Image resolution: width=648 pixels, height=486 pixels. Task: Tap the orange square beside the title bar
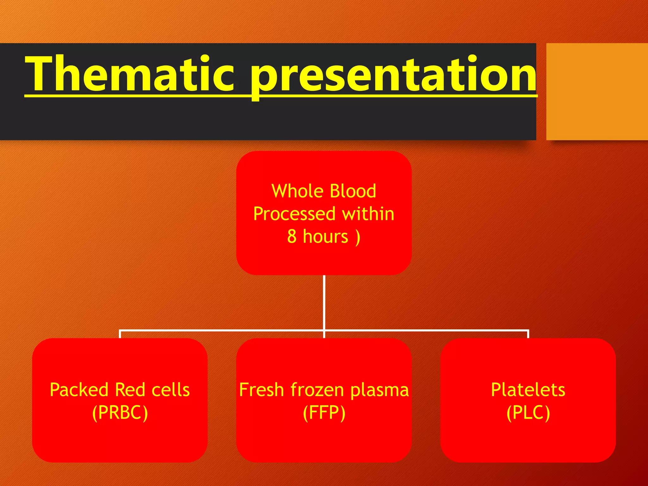click(597, 91)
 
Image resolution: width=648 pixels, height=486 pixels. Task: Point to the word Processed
click(294, 214)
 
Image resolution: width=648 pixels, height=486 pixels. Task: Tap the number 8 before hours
click(292, 236)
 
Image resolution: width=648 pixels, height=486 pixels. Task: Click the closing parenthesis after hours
click(358, 237)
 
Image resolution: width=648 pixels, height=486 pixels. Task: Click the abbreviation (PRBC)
click(120, 413)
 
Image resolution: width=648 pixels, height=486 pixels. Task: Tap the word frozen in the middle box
click(317, 389)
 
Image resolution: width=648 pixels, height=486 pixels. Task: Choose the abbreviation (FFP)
click(324, 413)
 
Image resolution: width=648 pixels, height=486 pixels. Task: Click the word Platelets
click(528, 389)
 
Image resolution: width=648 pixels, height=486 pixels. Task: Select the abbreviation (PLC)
click(528, 413)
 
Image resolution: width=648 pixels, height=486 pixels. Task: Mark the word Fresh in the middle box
click(261, 389)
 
